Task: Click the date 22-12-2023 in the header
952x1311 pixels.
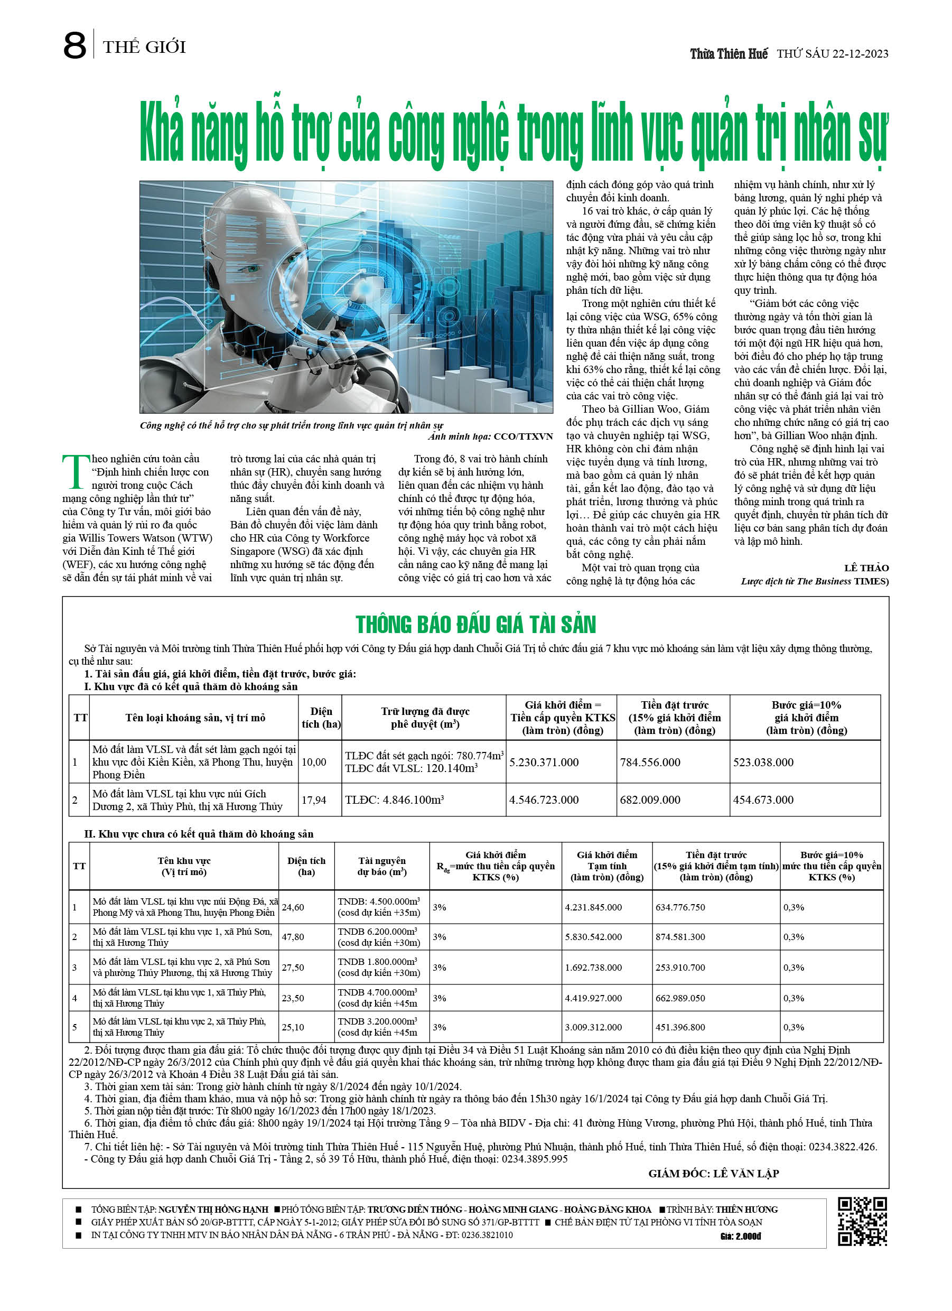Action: coord(860,54)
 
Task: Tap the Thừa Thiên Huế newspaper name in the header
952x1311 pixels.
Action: coord(729,54)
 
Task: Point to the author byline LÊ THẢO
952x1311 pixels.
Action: coord(866,568)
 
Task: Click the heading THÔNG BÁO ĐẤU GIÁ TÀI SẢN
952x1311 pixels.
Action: coord(475,625)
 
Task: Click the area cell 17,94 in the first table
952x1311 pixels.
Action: coord(314,800)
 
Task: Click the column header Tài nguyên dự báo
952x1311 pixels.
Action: coord(381,866)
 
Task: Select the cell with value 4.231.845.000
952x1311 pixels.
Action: coord(593,907)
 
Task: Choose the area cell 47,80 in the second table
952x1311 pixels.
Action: coord(293,937)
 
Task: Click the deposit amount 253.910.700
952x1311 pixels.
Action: coord(680,968)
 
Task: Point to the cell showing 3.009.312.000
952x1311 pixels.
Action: coord(593,1027)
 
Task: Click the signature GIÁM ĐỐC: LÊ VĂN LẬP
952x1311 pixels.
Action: coord(713,1174)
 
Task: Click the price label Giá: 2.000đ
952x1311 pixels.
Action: coord(741,1236)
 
